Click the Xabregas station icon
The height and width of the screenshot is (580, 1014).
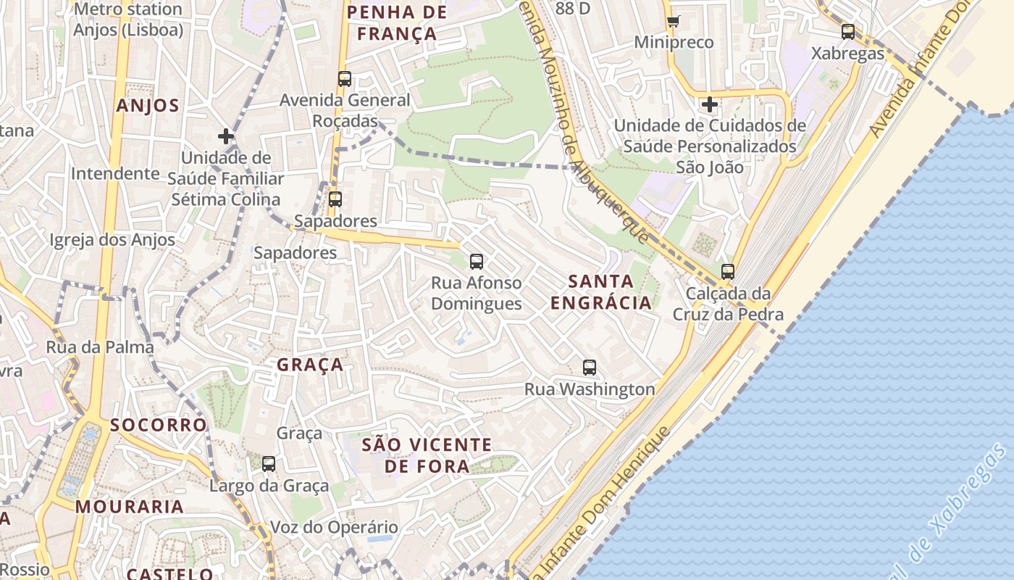click(847, 32)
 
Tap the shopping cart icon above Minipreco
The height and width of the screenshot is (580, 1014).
click(674, 21)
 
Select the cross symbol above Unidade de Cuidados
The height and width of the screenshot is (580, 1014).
click(709, 104)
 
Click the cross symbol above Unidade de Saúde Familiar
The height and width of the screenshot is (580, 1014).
click(226, 136)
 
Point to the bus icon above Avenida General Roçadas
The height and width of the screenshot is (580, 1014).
click(345, 79)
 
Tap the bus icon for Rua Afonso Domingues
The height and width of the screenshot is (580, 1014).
click(476, 261)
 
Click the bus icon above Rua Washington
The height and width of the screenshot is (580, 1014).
click(590, 368)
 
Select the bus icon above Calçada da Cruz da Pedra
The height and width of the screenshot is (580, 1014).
click(728, 272)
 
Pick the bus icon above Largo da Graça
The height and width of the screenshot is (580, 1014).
click(269, 464)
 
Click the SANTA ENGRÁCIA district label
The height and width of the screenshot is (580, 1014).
click(601, 291)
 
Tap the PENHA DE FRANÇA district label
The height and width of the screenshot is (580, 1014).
click(397, 22)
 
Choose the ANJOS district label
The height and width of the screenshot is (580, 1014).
click(148, 106)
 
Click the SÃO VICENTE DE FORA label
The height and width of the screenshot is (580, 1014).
click(427, 455)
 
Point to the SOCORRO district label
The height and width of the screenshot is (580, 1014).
click(158, 425)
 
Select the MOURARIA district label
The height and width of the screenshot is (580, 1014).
click(130, 507)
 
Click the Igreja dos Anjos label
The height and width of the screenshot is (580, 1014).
click(112, 240)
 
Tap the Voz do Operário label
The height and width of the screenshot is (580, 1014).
click(334, 527)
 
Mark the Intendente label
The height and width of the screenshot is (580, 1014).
click(115, 173)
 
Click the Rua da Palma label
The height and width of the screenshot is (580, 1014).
click(100, 347)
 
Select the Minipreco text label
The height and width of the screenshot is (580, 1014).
click(674, 42)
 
